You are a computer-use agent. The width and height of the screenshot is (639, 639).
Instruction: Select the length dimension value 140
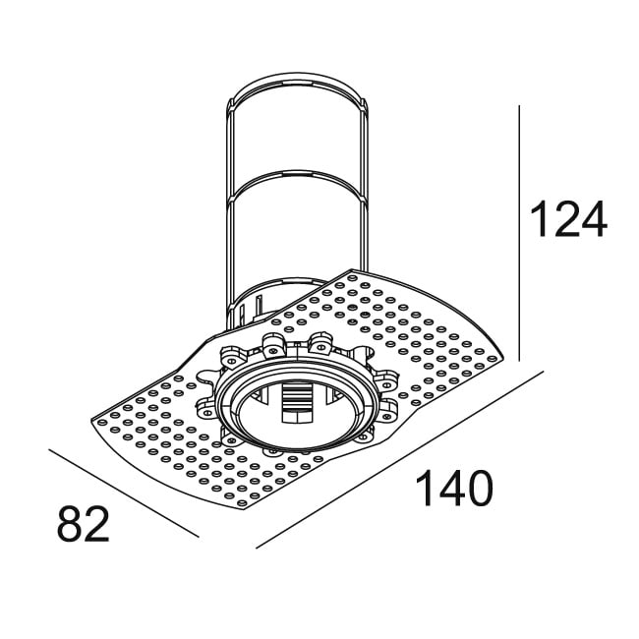pos(453,489)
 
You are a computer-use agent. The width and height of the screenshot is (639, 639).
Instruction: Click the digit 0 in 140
pos(475,489)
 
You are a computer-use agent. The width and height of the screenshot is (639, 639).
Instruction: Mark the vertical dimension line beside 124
pos(518,226)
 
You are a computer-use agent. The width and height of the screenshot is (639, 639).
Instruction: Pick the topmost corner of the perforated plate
pos(351,268)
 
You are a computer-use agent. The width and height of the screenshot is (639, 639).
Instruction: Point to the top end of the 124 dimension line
pos(518,106)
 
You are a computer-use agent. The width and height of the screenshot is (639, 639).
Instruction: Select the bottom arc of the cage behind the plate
pos(295,276)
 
